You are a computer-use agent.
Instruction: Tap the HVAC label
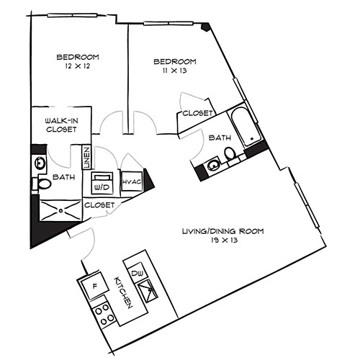point(131,182)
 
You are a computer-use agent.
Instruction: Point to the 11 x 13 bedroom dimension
point(174,71)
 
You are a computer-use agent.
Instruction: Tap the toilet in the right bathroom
point(229,154)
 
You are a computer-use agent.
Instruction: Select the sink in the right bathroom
point(212,166)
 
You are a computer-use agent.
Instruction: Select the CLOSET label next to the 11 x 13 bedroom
point(197,113)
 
